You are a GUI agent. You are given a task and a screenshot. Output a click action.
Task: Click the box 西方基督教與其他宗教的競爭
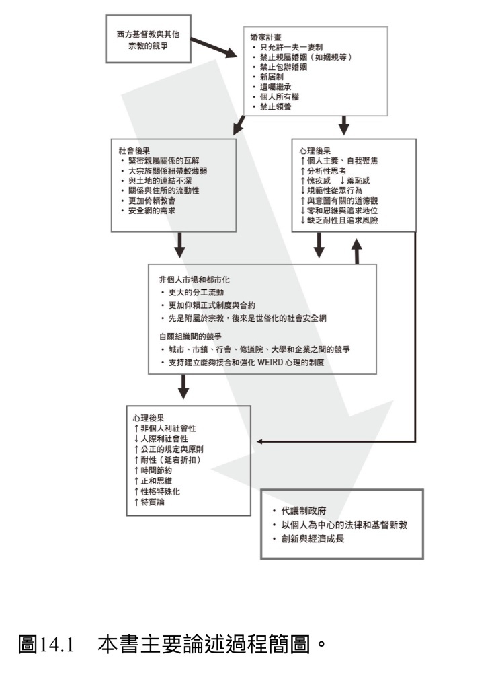149,38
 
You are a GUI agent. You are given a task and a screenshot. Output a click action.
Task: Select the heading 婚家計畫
266,37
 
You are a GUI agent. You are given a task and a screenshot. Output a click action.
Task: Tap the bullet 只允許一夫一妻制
288,47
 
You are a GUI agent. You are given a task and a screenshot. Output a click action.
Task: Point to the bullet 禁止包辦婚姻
280,67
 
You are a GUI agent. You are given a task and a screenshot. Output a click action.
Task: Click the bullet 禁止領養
272,106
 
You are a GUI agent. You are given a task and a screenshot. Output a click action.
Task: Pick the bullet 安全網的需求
148,211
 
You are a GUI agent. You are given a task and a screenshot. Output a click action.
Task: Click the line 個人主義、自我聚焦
339,161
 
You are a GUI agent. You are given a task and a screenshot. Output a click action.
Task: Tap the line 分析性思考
323,170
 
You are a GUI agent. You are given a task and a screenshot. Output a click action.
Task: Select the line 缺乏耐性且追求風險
339,220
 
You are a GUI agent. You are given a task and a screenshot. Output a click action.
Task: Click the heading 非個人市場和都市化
194,279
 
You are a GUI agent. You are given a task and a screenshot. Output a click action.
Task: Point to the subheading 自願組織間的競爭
190,336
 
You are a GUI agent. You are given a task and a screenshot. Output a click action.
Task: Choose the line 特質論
149,502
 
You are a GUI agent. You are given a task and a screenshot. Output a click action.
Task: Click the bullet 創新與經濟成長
308,539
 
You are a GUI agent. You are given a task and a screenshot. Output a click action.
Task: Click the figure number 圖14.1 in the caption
46,645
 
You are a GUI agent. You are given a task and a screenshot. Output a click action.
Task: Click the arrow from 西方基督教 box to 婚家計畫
214,48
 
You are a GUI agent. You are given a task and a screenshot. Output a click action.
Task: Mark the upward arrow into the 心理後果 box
357,252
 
